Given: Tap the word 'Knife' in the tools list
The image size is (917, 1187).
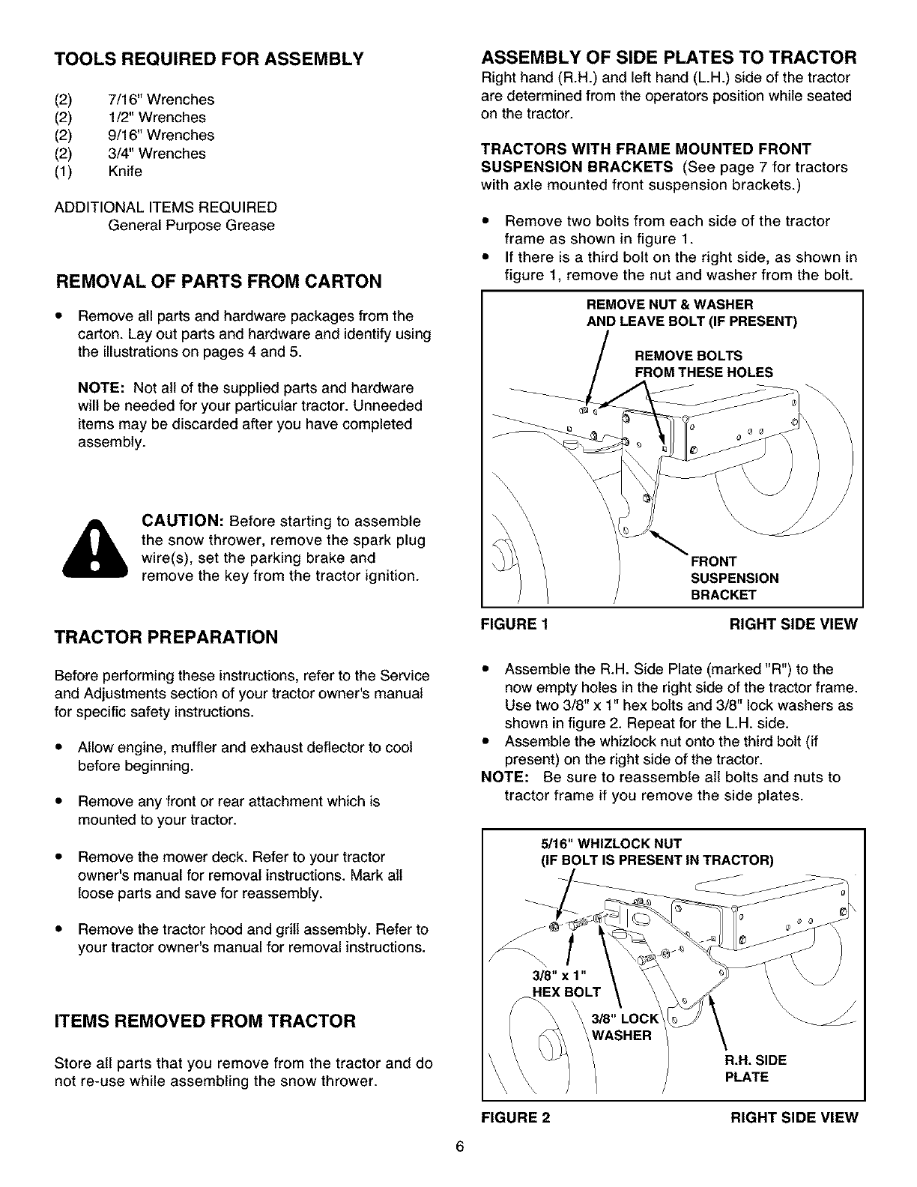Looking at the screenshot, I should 125,172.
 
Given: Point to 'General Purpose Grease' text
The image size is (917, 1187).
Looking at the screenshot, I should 191,226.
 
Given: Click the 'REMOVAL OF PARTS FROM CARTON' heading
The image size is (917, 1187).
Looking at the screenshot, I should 220,281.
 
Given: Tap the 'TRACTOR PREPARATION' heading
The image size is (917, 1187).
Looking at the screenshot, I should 166,637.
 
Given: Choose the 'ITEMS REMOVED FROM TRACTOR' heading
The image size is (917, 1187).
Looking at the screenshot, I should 205,1021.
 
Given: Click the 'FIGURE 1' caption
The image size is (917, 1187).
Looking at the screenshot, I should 515,625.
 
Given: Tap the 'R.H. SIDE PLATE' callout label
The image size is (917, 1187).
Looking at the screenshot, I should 754,1069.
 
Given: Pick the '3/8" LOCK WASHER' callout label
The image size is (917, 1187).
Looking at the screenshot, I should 623,1027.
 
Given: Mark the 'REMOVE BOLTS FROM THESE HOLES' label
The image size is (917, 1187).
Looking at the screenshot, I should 703,364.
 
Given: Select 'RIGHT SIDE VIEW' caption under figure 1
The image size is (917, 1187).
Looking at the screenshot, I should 793,625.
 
